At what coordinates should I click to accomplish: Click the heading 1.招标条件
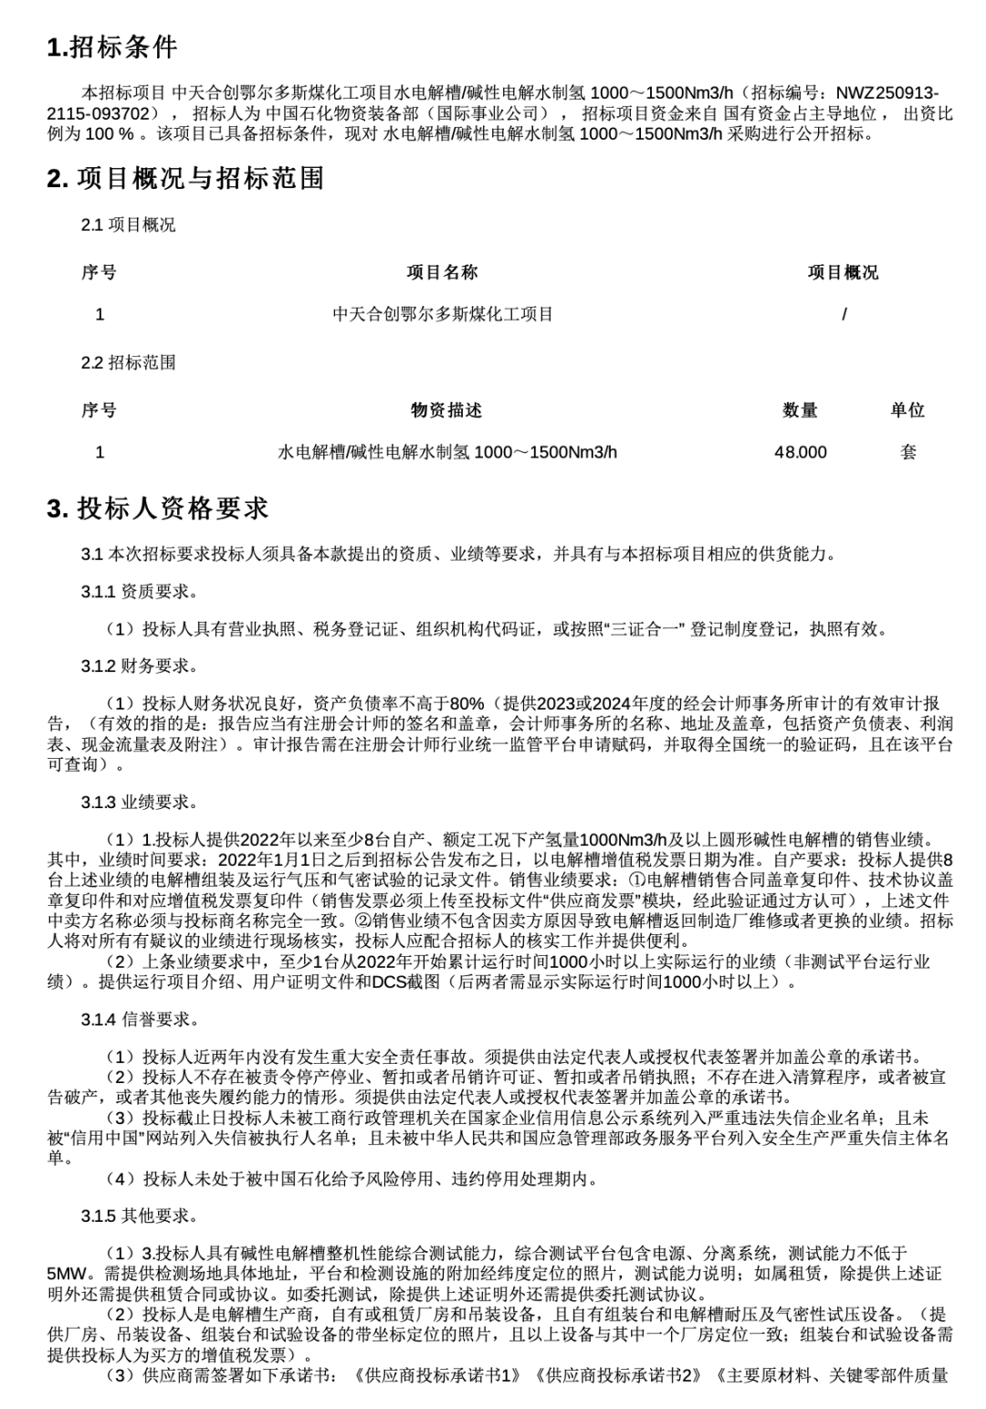(112, 47)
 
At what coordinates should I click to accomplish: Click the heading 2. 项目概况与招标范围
(185, 178)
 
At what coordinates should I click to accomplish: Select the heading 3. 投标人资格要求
(158, 509)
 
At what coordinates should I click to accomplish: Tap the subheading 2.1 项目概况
(128, 225)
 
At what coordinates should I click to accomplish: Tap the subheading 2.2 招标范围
(128, 363)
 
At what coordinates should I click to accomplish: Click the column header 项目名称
(442, 272)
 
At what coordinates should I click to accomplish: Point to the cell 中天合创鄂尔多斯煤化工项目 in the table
(443, 314)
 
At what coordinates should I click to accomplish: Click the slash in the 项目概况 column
(844, 314)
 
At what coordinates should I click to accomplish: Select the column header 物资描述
(446, 410)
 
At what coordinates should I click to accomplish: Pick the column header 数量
(800, 410)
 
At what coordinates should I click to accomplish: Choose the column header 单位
(907, 410)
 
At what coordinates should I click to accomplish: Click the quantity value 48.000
(800, 452)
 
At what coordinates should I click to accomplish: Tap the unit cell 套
(907, 452)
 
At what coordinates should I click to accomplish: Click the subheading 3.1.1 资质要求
(139, 592)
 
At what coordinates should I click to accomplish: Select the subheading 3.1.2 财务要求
(139, 666)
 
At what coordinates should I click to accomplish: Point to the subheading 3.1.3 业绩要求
(139, 803)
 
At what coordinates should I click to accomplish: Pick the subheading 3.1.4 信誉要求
(139, 1019)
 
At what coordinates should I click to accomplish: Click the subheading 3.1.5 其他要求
(139, 1215)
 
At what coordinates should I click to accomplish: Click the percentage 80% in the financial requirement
(467, 703)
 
